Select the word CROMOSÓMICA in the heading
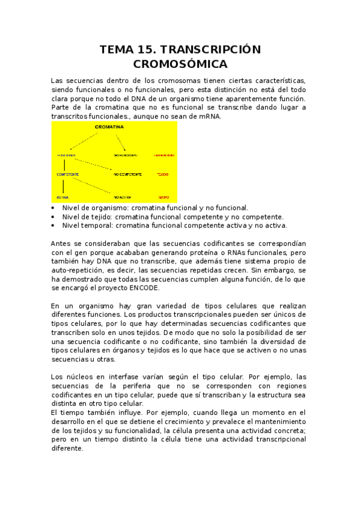pos(180,64)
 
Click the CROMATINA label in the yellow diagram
pos(109,127)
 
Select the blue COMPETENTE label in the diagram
pos(68,174)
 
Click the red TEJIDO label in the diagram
pos(163,174)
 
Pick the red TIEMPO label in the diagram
pos(163,197)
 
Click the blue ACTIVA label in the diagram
pos(63,197)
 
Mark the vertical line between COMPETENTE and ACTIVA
pos(63,185)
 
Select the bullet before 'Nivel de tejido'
pos(53,217)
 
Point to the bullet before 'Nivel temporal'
pos(53,226)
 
